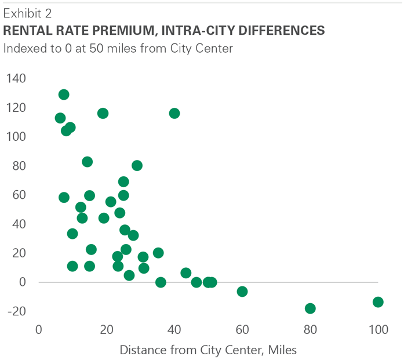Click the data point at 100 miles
coord(378,302)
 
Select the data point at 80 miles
coord(310,308)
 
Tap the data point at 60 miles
coord(242,292)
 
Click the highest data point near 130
coord(64,94)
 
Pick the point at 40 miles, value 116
coord(174,113)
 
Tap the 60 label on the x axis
coord(242,330)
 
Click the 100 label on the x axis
coord(378,330)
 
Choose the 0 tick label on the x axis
coord(39,330)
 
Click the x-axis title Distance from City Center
coord(208,350)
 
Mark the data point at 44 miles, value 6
coord(186,273)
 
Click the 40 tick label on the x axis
coord(174,330)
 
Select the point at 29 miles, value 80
coord(137,166)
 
